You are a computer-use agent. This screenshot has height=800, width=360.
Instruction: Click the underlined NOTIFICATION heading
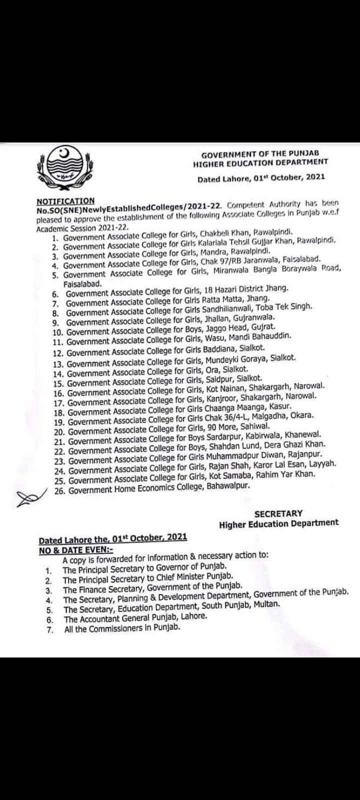(x=65, y=201)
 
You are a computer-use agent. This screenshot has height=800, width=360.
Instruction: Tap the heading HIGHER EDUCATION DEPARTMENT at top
(x=260, y=162)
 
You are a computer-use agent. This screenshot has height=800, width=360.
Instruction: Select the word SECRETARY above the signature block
(x=278, y=513)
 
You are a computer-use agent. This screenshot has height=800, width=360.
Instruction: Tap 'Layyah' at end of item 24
(x=324, y=464)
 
